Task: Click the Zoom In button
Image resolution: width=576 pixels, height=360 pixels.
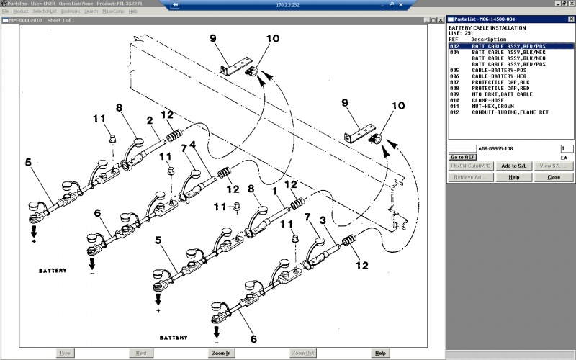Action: (221, 354)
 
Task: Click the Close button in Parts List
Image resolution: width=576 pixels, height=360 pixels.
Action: (553, 176)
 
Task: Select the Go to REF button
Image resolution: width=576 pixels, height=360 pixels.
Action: (462, 157)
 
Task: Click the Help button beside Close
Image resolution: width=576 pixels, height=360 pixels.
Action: (513, 176)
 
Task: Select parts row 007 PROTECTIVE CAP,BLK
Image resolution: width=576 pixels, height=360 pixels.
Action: (500, 82)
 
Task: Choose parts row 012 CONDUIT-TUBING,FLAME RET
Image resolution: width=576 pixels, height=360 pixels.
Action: (508, 112)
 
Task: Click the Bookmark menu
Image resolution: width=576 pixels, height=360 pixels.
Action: (71, 12)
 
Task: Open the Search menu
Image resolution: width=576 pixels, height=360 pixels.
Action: (91, 12)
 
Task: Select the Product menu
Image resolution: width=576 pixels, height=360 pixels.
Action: (21, 12)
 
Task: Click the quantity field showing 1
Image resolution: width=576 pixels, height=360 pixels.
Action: (567, 148)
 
